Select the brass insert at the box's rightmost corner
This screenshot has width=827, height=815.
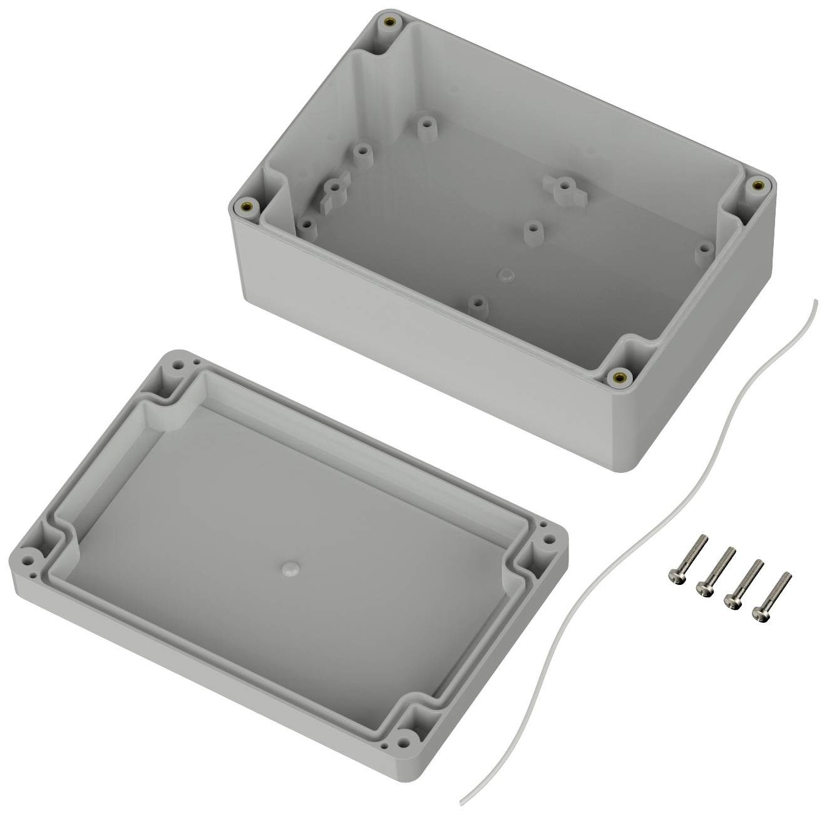coord(758,185)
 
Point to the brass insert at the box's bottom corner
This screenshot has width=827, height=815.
coord(620,376)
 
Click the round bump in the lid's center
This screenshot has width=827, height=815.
coord(289,567)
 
